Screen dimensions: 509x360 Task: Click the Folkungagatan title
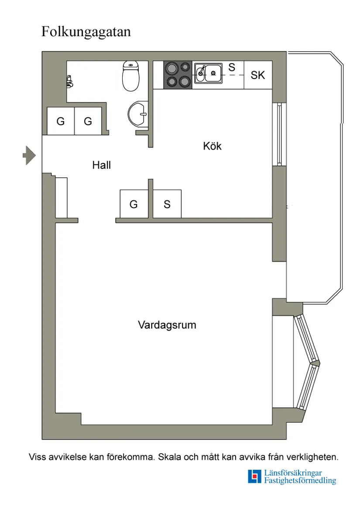tap(86, 32)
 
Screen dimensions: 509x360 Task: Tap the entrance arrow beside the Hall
tap(29, 155)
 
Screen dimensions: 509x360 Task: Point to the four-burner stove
tap(178, 75)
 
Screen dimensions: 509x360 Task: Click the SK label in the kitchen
tap(258, 75)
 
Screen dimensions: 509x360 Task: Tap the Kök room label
tap(212, 146)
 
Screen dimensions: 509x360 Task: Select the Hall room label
tap(101, 165)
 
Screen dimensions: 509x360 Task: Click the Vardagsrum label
tap(167, 325)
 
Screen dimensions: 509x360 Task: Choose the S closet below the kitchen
tap(167, 204)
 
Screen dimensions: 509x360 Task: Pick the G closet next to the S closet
tap(134, 204)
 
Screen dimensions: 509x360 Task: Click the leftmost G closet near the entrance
tap(61, 121)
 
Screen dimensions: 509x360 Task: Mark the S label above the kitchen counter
tap(232, 67)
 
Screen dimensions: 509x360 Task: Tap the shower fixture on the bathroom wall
tap(69, 80)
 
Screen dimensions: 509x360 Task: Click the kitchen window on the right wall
tap(279, 134)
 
